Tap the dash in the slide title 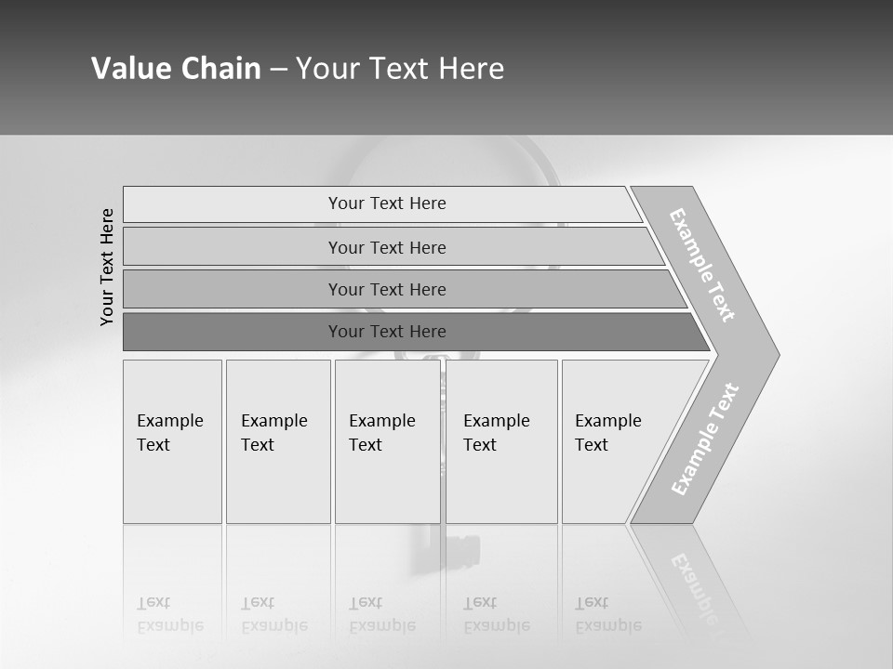pyautogui.click(x=278, y=70)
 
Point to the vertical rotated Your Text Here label pyautogui.click(x=107, y=267)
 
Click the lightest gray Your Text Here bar pyautogui.click(x=386, y=203)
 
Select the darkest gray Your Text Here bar pyautogui.click(x=386, y=332)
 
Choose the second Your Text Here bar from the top pyautogui.click(x=386, y=247)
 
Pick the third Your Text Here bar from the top pyautogui.click(x=386, y=289)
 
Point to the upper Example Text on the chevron pyautogui.click(x=702, y=265)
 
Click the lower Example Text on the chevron pyautogui.click(x=705, y=439)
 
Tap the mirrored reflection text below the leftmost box pyautogui.click(x=170, y=614)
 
